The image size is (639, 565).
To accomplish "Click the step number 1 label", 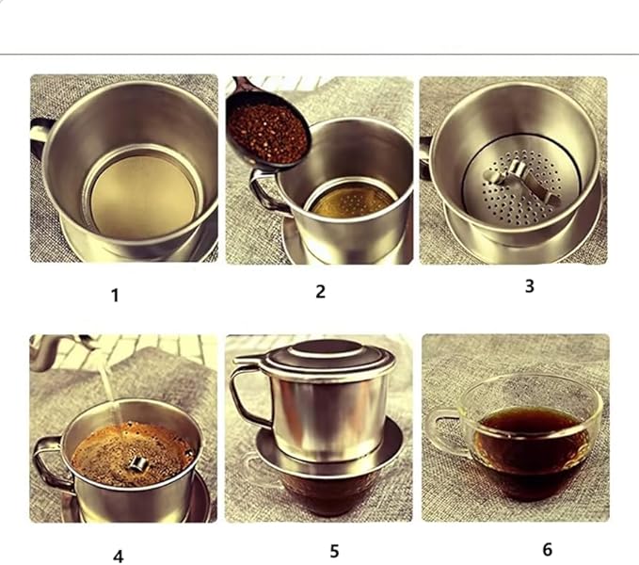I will click(115, 295).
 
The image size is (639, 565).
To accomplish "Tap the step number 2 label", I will click(320, 291).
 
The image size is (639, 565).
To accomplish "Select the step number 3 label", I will click(529, 286).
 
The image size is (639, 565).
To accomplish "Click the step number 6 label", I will click(547, 549).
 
